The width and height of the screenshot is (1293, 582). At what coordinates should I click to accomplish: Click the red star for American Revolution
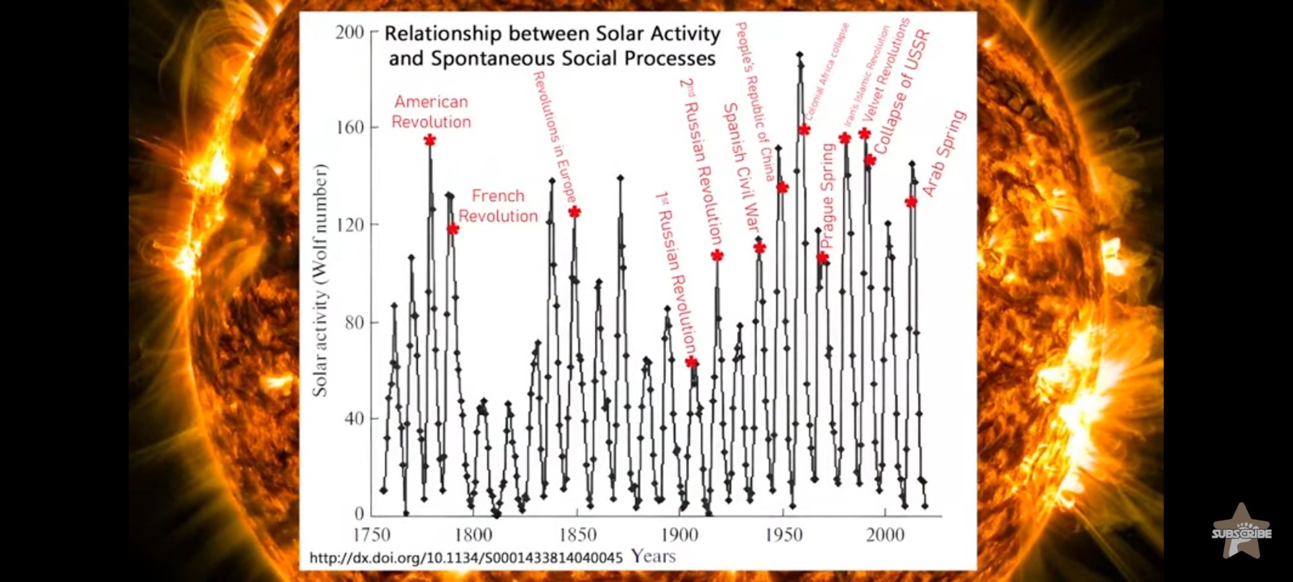click(430, 140)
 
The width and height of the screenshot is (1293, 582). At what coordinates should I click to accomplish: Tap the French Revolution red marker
click(453, 229)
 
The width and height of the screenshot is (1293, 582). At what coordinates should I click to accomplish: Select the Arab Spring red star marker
click(911, 202)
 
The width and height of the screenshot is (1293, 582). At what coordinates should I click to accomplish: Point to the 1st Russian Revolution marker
click(692, 362)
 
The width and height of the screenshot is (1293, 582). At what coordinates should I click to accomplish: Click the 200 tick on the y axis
click(350, 32)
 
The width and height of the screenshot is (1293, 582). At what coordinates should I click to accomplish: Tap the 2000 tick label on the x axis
click(885, 535)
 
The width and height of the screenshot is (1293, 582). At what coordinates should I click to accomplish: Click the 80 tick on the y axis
click(354, 322)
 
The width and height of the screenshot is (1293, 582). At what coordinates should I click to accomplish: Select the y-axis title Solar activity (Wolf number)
click(320, 279)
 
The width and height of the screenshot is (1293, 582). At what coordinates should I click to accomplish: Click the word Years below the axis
click(653, 556)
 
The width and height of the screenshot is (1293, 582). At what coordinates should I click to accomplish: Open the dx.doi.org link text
click(465, 557)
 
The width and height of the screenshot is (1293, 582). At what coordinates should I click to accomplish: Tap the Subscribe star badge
click(1241, 532)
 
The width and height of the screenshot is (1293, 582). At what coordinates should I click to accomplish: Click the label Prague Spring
click(828, 195)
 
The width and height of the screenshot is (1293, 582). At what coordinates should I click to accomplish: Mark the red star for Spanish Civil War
click(760, 248)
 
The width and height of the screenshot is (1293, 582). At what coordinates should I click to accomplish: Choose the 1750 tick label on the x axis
click(372, 535)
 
